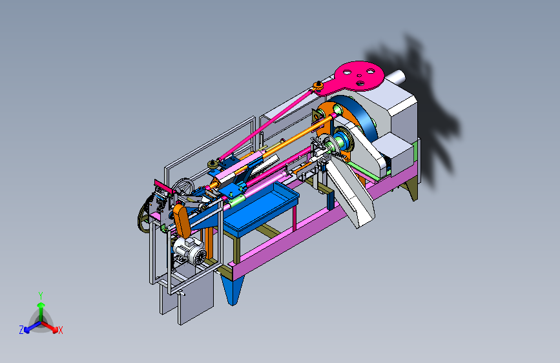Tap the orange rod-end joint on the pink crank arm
pos(318,86)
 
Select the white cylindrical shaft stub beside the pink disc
pos(396,77)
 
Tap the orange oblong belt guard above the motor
pos(181,221)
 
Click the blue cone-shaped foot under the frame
pos(233,287)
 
